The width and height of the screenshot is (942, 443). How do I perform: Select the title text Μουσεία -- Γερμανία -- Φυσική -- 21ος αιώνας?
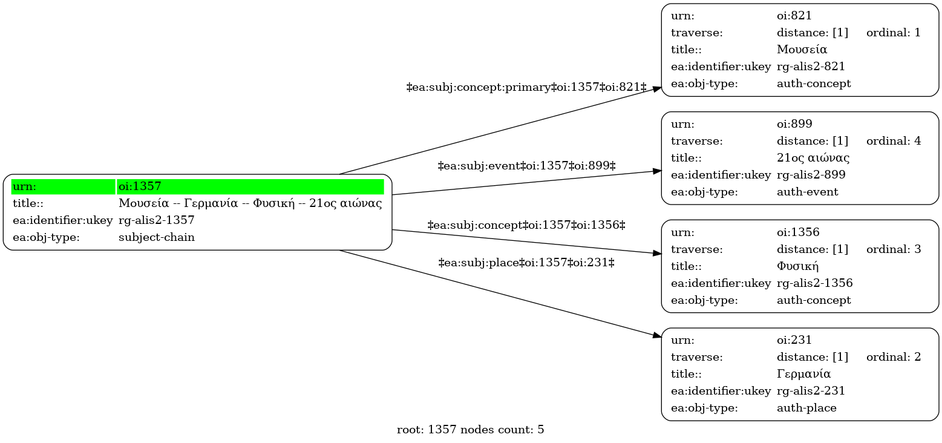(250, 203)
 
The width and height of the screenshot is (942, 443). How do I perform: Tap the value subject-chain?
(157, 237)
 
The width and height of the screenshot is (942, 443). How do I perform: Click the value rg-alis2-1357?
(157, 220)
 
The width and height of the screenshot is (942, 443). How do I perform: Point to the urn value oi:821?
(794, 16)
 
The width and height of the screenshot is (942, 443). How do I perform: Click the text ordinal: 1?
(893, 33)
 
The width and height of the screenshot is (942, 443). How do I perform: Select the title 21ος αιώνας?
(813, 158)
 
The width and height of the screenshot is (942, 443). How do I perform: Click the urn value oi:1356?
(798, 232)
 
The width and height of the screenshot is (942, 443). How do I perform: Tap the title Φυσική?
(797, 266)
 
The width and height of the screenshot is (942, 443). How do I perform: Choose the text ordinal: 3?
(893, 249)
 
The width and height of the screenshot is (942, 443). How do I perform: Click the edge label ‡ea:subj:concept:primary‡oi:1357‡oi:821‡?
(526, 87)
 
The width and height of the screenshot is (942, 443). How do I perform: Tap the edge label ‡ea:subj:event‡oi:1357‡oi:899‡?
(526, 166)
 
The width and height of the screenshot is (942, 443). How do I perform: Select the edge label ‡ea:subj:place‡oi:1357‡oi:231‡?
(526, 263)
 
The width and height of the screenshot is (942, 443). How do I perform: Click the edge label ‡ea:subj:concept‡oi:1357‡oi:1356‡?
(526, 225)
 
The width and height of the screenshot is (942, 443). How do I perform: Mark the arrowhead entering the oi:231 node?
(657, 335)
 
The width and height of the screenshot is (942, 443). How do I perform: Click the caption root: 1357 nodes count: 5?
(470, 430)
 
